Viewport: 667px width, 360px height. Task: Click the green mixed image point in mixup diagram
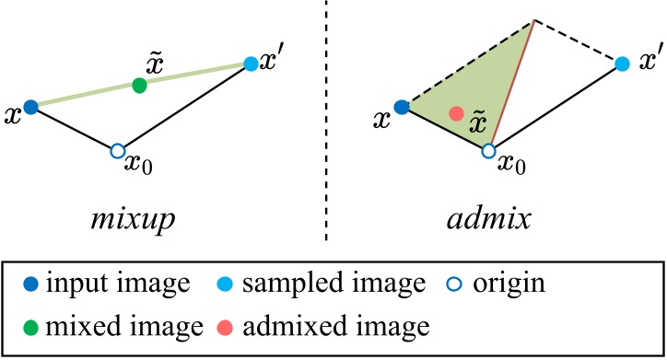(139, 86)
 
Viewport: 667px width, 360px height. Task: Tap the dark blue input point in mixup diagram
(30, 107)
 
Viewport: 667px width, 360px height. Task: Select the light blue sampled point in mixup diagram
(251, 64)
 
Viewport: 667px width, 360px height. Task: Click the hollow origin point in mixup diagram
(117, 150)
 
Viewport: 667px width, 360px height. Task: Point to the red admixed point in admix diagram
(455, 113)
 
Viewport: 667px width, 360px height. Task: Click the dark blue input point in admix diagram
(401, 107)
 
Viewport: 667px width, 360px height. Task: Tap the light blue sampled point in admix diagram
(622, 64)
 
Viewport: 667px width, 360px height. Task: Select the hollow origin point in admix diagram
(488, 150)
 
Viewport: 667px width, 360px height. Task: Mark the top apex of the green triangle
(534, 19)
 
